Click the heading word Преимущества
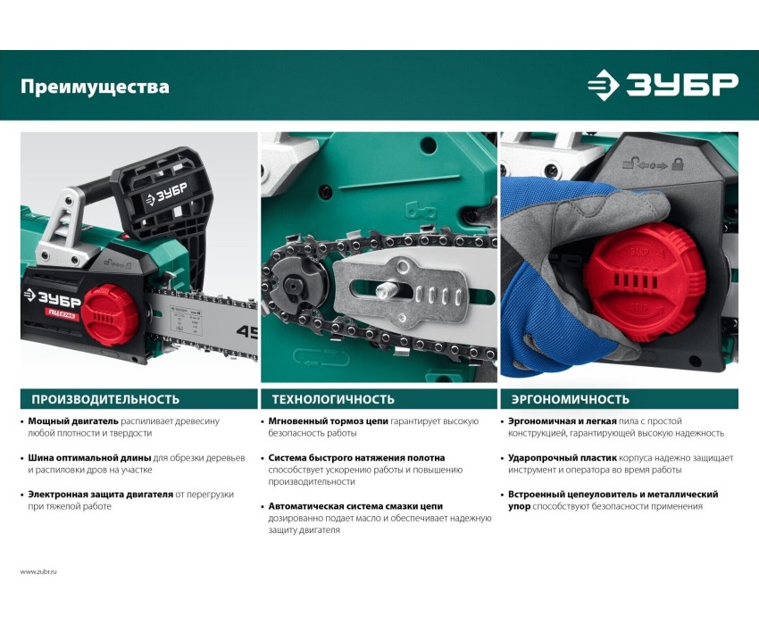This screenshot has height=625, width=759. (x=95, y=87)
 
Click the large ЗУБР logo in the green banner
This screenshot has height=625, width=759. (x=663, y=85)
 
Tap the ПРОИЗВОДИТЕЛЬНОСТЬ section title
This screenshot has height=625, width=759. (x=105, y=399)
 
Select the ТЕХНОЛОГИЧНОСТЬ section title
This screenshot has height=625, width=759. (x=333, y=399)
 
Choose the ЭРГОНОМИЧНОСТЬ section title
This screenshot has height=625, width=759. (x=571, y=399)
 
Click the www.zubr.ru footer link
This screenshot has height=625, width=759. (x=38, y=571)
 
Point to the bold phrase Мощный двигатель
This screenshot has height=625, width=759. (x=73, y=421)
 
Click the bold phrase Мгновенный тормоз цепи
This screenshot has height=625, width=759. (x=329, y=421)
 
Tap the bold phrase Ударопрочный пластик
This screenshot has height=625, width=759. (x=563, y=457)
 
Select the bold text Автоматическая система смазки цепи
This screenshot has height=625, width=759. (x=355, y=506)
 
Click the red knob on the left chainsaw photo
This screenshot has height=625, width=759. (x=110, y=315)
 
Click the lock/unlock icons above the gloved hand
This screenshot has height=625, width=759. (x=653, y=163)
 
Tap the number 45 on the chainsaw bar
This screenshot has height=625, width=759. (x=246, y=331)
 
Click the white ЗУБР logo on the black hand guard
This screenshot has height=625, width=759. (x=166, y=193)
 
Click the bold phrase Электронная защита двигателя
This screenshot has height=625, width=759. (x=101, y=495)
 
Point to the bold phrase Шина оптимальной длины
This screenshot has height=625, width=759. (x=89, y=457)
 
